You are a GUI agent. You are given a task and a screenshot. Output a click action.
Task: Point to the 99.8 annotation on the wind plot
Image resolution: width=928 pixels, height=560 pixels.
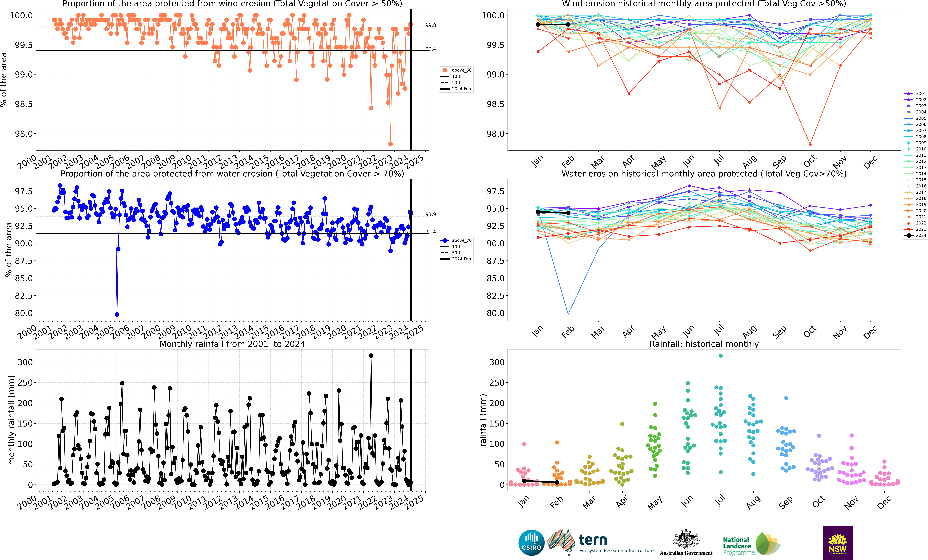coord(430,25)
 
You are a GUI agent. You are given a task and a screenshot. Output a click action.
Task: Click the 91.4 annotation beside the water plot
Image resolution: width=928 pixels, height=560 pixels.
coord(430,232)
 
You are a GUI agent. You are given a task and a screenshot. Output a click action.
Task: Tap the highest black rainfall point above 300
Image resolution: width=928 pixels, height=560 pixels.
coord(371,356)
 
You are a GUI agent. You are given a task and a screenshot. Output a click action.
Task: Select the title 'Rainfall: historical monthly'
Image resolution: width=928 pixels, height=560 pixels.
coord(704,344)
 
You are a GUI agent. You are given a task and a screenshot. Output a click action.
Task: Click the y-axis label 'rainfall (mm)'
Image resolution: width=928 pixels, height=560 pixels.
coord(483,420)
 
